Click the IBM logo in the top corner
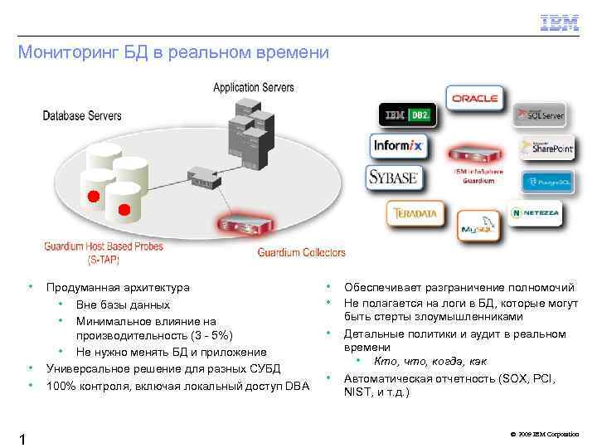point(560,22)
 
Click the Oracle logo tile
point(475,99)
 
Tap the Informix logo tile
point(397,146)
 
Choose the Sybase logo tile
point(392,178)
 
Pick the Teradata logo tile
point(410,213)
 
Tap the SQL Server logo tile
point(540,116)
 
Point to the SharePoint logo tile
point(546,149)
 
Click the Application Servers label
point(253,87)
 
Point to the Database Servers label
point(82,115)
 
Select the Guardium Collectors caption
point(301,252)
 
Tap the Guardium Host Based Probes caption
point(104,252)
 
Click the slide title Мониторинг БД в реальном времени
point(173,53)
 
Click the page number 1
point(23,437)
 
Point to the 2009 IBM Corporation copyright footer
point(545,435)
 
